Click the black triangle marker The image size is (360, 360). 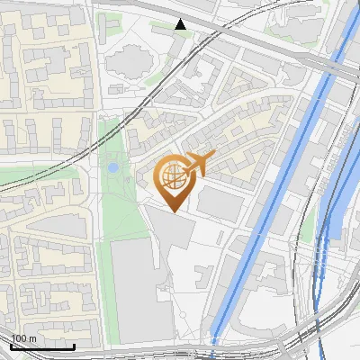click(x=181, y=24)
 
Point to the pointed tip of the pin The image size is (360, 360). click(x=173, y=211)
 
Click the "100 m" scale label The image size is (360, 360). click(x=24, y=338)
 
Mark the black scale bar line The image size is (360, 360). click(x=42, y=346)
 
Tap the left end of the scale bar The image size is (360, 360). click(x=12, y=346)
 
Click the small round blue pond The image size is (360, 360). click(x=112, y=167)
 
